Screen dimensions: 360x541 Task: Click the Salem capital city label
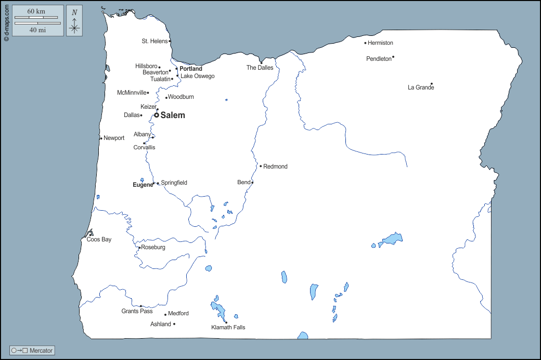172,115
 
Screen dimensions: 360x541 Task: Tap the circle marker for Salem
156,115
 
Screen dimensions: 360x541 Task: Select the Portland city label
191,69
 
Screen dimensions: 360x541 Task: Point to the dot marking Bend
252,183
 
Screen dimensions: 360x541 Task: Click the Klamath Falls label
228,328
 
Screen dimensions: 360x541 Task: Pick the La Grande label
421,88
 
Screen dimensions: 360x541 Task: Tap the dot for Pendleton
393,57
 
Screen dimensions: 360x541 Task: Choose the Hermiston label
380,43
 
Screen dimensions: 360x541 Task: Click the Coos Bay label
99,240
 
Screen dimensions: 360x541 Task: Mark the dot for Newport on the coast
101,138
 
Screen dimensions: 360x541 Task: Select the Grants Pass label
137,312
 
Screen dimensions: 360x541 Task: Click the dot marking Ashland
174,324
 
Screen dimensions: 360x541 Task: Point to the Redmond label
275,167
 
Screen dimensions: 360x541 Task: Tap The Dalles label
260,68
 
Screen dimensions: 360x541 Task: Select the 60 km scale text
36,11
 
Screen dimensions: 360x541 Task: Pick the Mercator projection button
32,351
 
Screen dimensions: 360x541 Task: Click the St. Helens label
154,41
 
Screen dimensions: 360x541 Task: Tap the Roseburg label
153,248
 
